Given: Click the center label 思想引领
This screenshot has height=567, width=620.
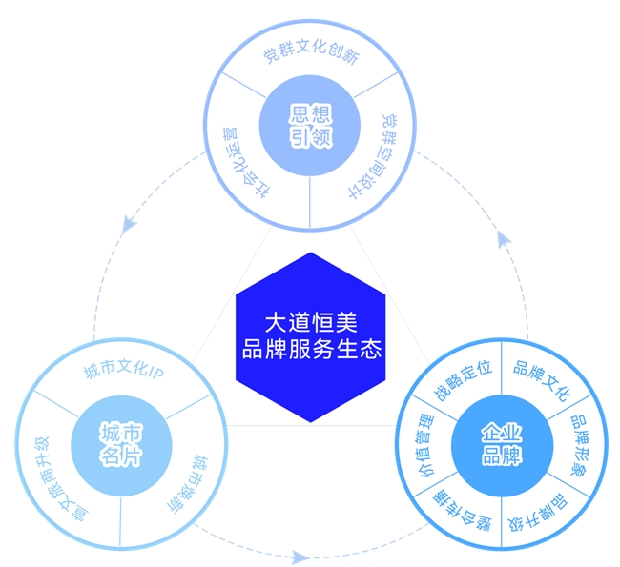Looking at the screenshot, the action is tap(310, 126).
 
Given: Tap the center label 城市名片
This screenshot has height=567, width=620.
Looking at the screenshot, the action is tap(121, 444).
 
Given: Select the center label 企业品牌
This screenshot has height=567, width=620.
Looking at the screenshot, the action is tap(502, 444).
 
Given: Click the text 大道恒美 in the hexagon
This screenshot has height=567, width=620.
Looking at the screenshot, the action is tap(311, 322).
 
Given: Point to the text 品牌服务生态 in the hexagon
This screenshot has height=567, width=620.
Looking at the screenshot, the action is tap(312, 349).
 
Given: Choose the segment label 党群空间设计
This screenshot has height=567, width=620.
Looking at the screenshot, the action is tap(374, 156).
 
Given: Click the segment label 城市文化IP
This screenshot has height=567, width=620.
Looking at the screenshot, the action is tap(124, 371).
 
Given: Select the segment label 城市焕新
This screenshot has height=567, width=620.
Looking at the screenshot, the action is tap(189, 484).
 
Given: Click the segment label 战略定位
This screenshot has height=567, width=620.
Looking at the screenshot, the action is tap(463, 380).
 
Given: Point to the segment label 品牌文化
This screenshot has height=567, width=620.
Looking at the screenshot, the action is tap(543, 380).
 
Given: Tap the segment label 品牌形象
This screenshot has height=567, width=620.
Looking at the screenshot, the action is tap(580, 445).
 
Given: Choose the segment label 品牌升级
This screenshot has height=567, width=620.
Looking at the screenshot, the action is tap(538, 512).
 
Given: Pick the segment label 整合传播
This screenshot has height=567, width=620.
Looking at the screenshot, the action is tap(462, 510).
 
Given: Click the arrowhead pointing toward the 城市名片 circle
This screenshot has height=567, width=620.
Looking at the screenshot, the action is tap(128, 225).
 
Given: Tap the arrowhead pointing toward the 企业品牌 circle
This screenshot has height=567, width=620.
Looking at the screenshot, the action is tap(300, 557).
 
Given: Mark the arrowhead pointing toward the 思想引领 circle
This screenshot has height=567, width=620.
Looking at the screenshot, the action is tap(504, 239).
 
